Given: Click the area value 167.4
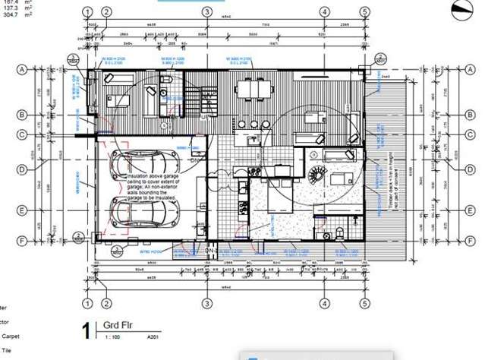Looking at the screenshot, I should point(11,2).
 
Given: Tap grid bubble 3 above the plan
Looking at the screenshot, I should point(206,12).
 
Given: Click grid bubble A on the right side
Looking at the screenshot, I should point(436,68).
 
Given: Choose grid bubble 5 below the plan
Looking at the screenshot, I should point(365,304).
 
